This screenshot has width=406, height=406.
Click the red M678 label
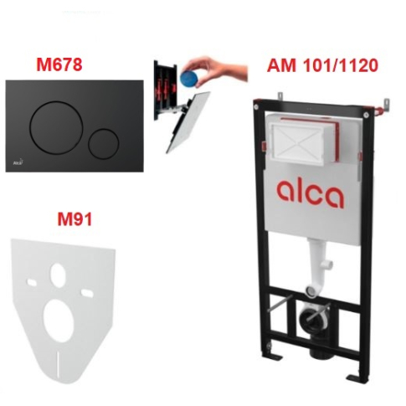(x=59, y=64)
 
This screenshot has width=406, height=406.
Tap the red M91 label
(x=75, y=218)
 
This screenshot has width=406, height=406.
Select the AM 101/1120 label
(x=322, y=65)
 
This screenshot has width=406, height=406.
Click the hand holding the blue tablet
(x=215, y=69)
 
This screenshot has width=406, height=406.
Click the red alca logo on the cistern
(x=310, y=193)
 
